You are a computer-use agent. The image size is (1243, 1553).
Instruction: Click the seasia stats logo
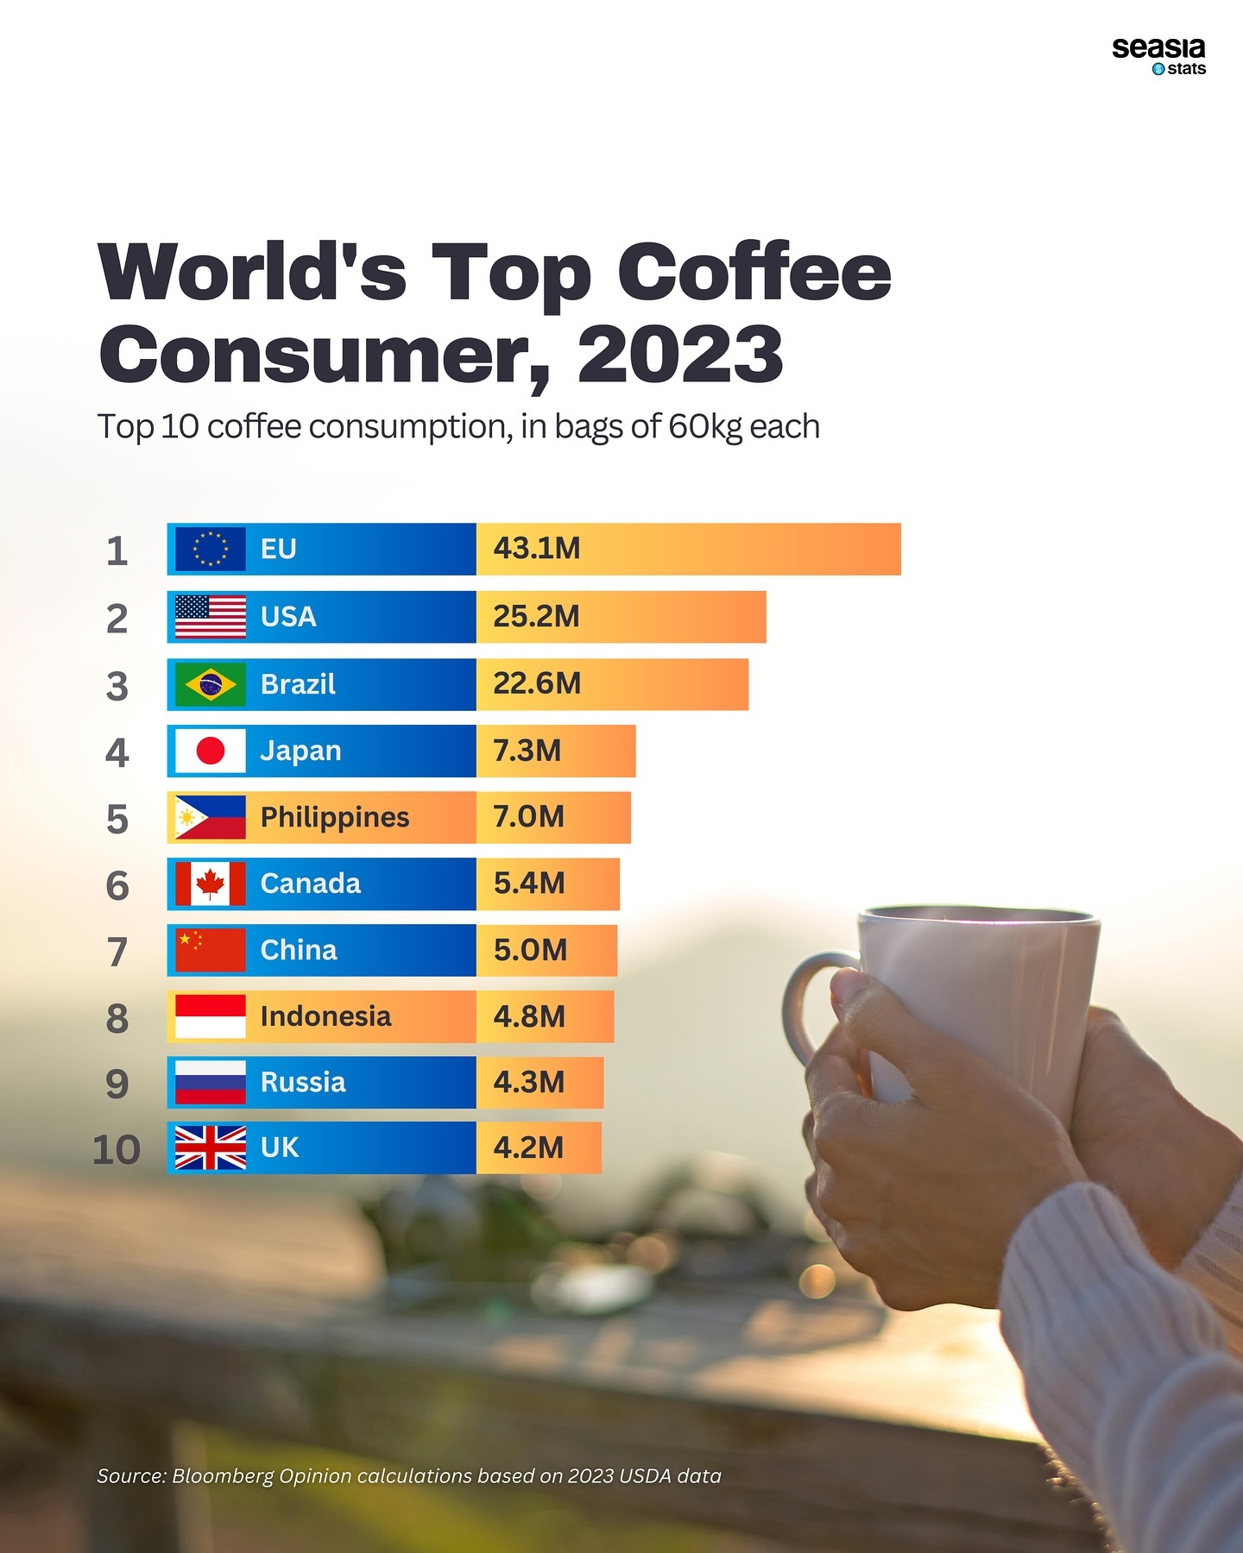coord(1158,56)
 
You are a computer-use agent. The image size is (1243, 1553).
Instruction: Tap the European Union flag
coord(210,549)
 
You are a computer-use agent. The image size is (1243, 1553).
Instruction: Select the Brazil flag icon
coord(210,685)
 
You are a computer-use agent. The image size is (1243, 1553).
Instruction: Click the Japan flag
coord(210,751)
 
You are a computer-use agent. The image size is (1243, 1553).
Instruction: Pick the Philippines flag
coord(210,817)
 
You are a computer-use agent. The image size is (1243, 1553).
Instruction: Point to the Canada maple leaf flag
coord(210,883)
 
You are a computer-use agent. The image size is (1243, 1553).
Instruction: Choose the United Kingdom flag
coord(210,1147)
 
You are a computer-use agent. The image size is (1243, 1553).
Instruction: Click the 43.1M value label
coord(536,549)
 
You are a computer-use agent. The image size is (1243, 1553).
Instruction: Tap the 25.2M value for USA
coord(536,616)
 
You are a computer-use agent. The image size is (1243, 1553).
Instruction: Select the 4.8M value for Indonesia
coord(529,1016)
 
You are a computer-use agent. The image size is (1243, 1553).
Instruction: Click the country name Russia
coord(303,1082)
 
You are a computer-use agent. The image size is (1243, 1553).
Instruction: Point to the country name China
coord(299,950)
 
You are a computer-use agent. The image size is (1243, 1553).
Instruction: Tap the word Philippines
coord(335,817)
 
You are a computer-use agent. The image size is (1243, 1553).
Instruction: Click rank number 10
coord(117,1150)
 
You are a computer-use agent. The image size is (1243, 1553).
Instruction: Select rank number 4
coord(117,753)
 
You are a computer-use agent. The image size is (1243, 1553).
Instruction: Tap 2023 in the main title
coord(680,355)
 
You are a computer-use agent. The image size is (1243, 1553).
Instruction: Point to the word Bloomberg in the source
coord(222,1475)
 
